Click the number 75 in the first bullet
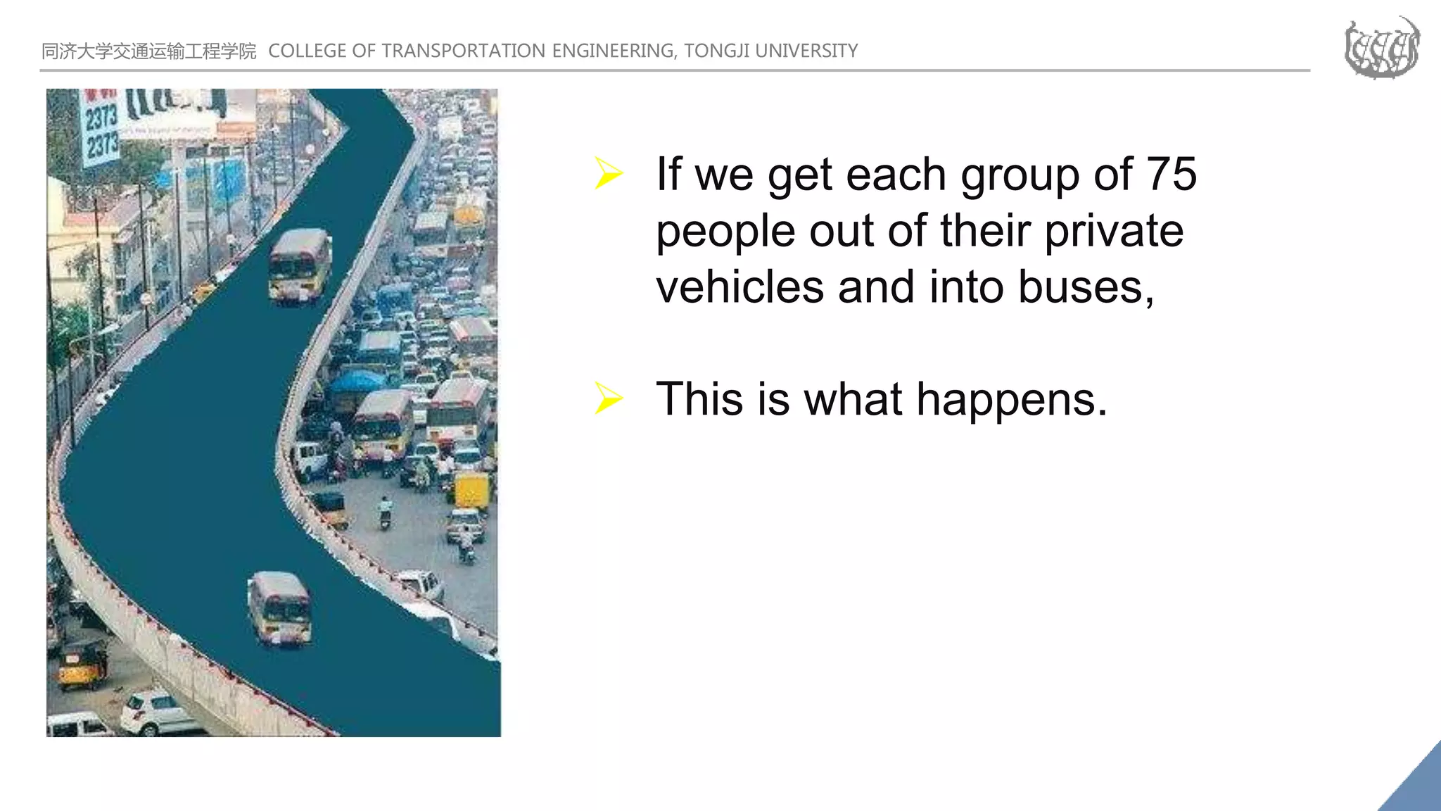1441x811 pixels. coord(1171,174)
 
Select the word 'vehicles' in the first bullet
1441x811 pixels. coord(739,287)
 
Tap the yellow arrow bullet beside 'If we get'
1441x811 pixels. coord(608,173)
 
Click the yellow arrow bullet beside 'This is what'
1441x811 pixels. coord(608,398)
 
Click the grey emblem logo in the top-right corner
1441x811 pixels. coord(1381,48)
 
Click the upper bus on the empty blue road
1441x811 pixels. coord(300,265)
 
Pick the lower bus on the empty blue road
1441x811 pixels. coord(280,608)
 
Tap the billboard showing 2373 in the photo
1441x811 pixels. coord(100,130)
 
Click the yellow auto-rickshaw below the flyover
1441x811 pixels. coord(82,665)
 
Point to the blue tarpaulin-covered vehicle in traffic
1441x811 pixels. coord(357,384)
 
